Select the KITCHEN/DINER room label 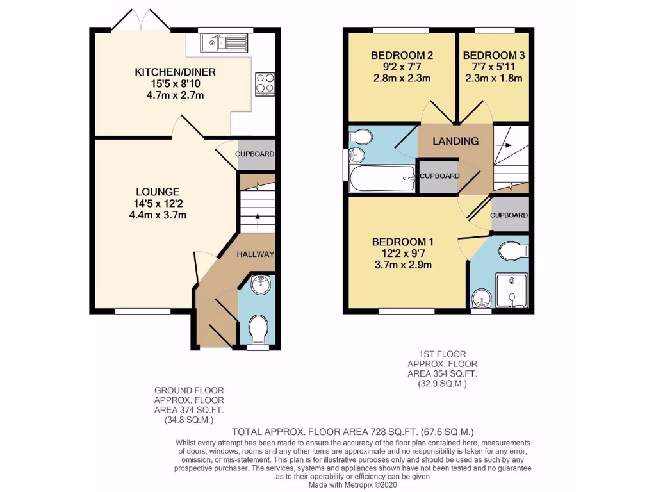(x=175, y=72)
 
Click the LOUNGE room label (x=158, y=192)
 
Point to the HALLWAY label (x=255, y=254)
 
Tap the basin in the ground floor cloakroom (x=261, y=286)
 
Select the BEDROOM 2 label (x=402, y=56)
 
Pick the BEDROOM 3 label (x=493, y=56)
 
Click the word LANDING (x=455, y=141)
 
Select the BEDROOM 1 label (x=403, y=242)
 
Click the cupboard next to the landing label (x=438, y=176)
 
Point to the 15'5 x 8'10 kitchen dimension (x=175, y=84)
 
